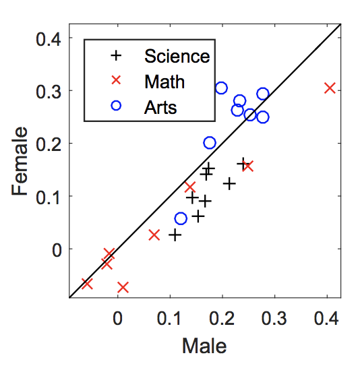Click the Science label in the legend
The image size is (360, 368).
coord(177,57)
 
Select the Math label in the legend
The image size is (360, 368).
coord(164,82)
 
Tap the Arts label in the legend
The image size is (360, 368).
coord(160,107)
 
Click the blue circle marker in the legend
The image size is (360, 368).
coord(116,106)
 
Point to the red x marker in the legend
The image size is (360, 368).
coord(116,80)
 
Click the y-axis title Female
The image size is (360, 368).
coord(20,161)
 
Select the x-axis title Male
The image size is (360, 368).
coord(204,346)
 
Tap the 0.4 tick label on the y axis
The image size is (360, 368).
coord(49,39)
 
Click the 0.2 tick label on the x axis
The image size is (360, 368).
coord(222,318)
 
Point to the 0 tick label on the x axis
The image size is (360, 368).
coord(117,318)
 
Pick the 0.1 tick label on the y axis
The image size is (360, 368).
coord(49,197)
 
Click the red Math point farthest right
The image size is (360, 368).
coord(330,88)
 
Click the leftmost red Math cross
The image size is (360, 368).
coord(87,284)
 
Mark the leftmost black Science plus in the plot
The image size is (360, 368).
coord(175,235)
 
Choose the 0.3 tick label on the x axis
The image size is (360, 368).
coord(274,318)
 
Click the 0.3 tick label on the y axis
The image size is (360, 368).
coord(49,92)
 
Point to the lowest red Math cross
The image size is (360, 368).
coord(123,288)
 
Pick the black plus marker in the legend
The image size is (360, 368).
coord(116,56)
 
